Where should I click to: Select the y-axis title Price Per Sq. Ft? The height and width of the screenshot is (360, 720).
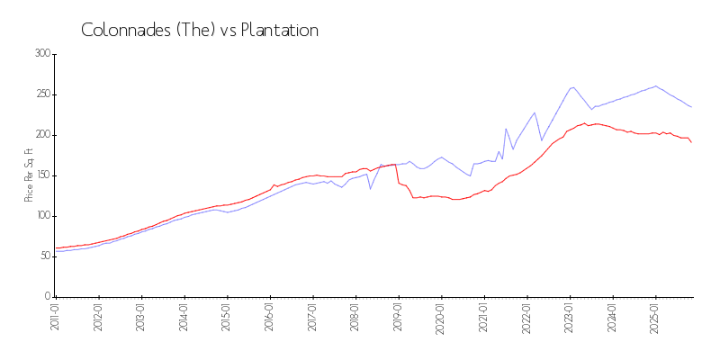point(30,175)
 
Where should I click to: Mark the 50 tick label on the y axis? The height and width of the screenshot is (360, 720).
point(44,256)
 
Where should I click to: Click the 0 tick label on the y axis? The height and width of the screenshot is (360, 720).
point(47,297)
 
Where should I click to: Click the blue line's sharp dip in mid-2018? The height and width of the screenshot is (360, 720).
point(370,188)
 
